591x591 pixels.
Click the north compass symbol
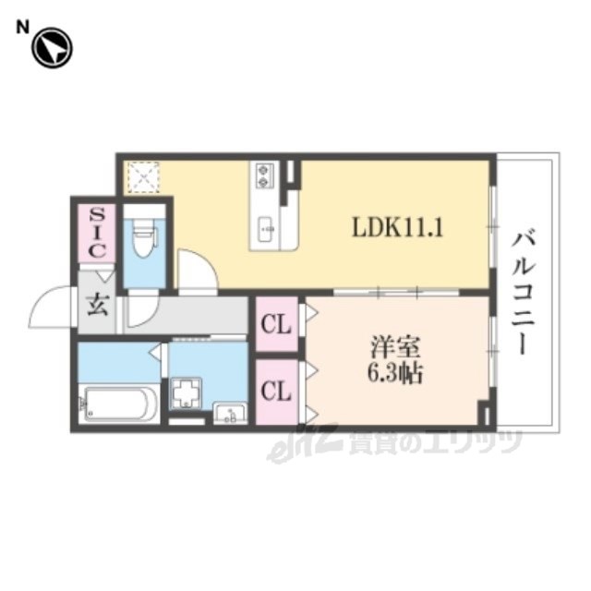[x=52, y=48]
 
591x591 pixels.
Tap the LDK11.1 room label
[x=397, y=227]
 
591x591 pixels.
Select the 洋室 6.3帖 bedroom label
[x=395, y=359]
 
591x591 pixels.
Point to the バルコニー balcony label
[x=524, y=294]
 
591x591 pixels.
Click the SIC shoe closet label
[x=97, y=233]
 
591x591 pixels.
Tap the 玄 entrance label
[x=98, y=305]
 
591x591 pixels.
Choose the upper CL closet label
[x=276, y=324]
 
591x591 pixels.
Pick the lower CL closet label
[x=276, y=391]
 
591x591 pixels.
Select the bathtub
[x=119, y=404]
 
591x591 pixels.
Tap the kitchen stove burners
[x=262, y=175]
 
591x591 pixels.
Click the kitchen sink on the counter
[x=268, y=230]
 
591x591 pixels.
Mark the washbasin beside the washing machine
[x=230, y=413]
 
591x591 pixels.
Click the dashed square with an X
[x=143, y=178]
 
